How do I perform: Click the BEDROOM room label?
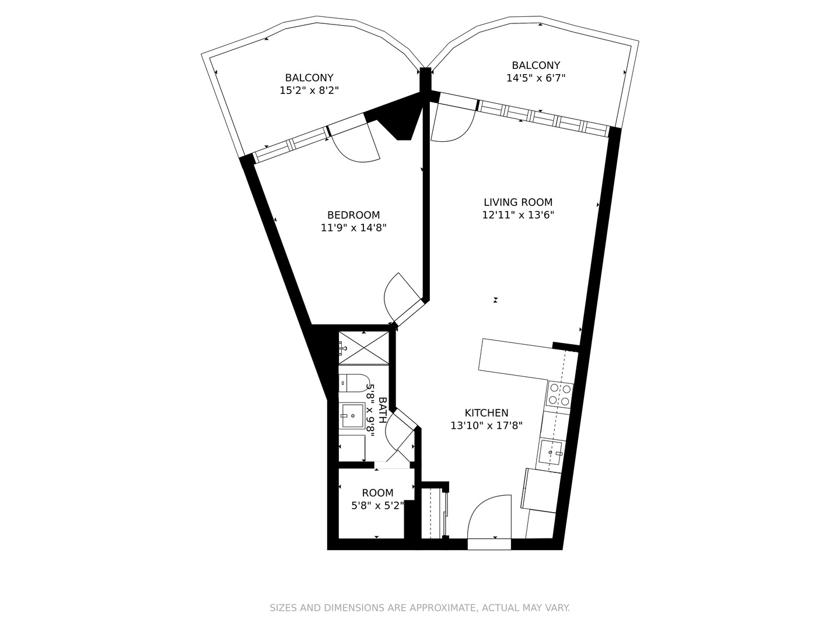pos(353,215)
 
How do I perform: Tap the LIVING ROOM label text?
pos(517,202)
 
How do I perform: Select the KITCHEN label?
pos(486,413)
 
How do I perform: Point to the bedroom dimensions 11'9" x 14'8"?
pos(353,228)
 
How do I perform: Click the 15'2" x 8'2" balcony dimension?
pos(309,90)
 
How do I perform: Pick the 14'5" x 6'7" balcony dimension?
pos(535,78)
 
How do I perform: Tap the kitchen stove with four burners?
pos(560,394)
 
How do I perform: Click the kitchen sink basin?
pos(550,452)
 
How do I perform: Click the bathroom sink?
pos(352,416)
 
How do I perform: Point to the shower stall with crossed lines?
pos(364,349)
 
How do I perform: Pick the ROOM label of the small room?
pos(377,493)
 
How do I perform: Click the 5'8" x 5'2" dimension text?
pos(377,506)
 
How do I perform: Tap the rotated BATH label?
pos(383,410)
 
